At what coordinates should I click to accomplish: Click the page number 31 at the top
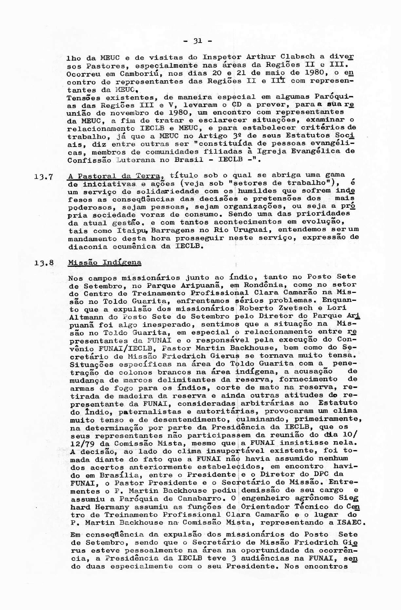[x=198, y=41]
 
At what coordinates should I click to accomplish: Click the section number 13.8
[x=44, y=263]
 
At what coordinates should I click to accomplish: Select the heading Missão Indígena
[x=105, y=262]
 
